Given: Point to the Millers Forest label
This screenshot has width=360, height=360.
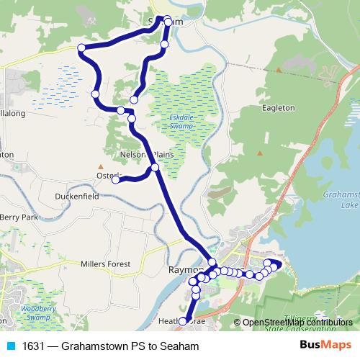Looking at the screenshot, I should point(106,264).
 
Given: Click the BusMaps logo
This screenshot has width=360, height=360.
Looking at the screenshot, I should point(325,346).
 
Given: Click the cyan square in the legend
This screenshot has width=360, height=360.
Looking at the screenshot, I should point(10,346).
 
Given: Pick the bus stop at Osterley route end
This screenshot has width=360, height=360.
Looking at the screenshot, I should point(115,180).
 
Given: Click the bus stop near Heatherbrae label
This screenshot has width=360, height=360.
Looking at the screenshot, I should point(183,321).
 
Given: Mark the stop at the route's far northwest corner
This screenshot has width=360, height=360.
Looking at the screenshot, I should point(81,48).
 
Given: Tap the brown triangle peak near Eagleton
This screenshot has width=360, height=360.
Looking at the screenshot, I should point(278,70).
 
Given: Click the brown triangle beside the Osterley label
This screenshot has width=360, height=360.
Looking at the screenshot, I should point(101,175).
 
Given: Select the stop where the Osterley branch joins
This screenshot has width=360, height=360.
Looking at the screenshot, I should point(154,168).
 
